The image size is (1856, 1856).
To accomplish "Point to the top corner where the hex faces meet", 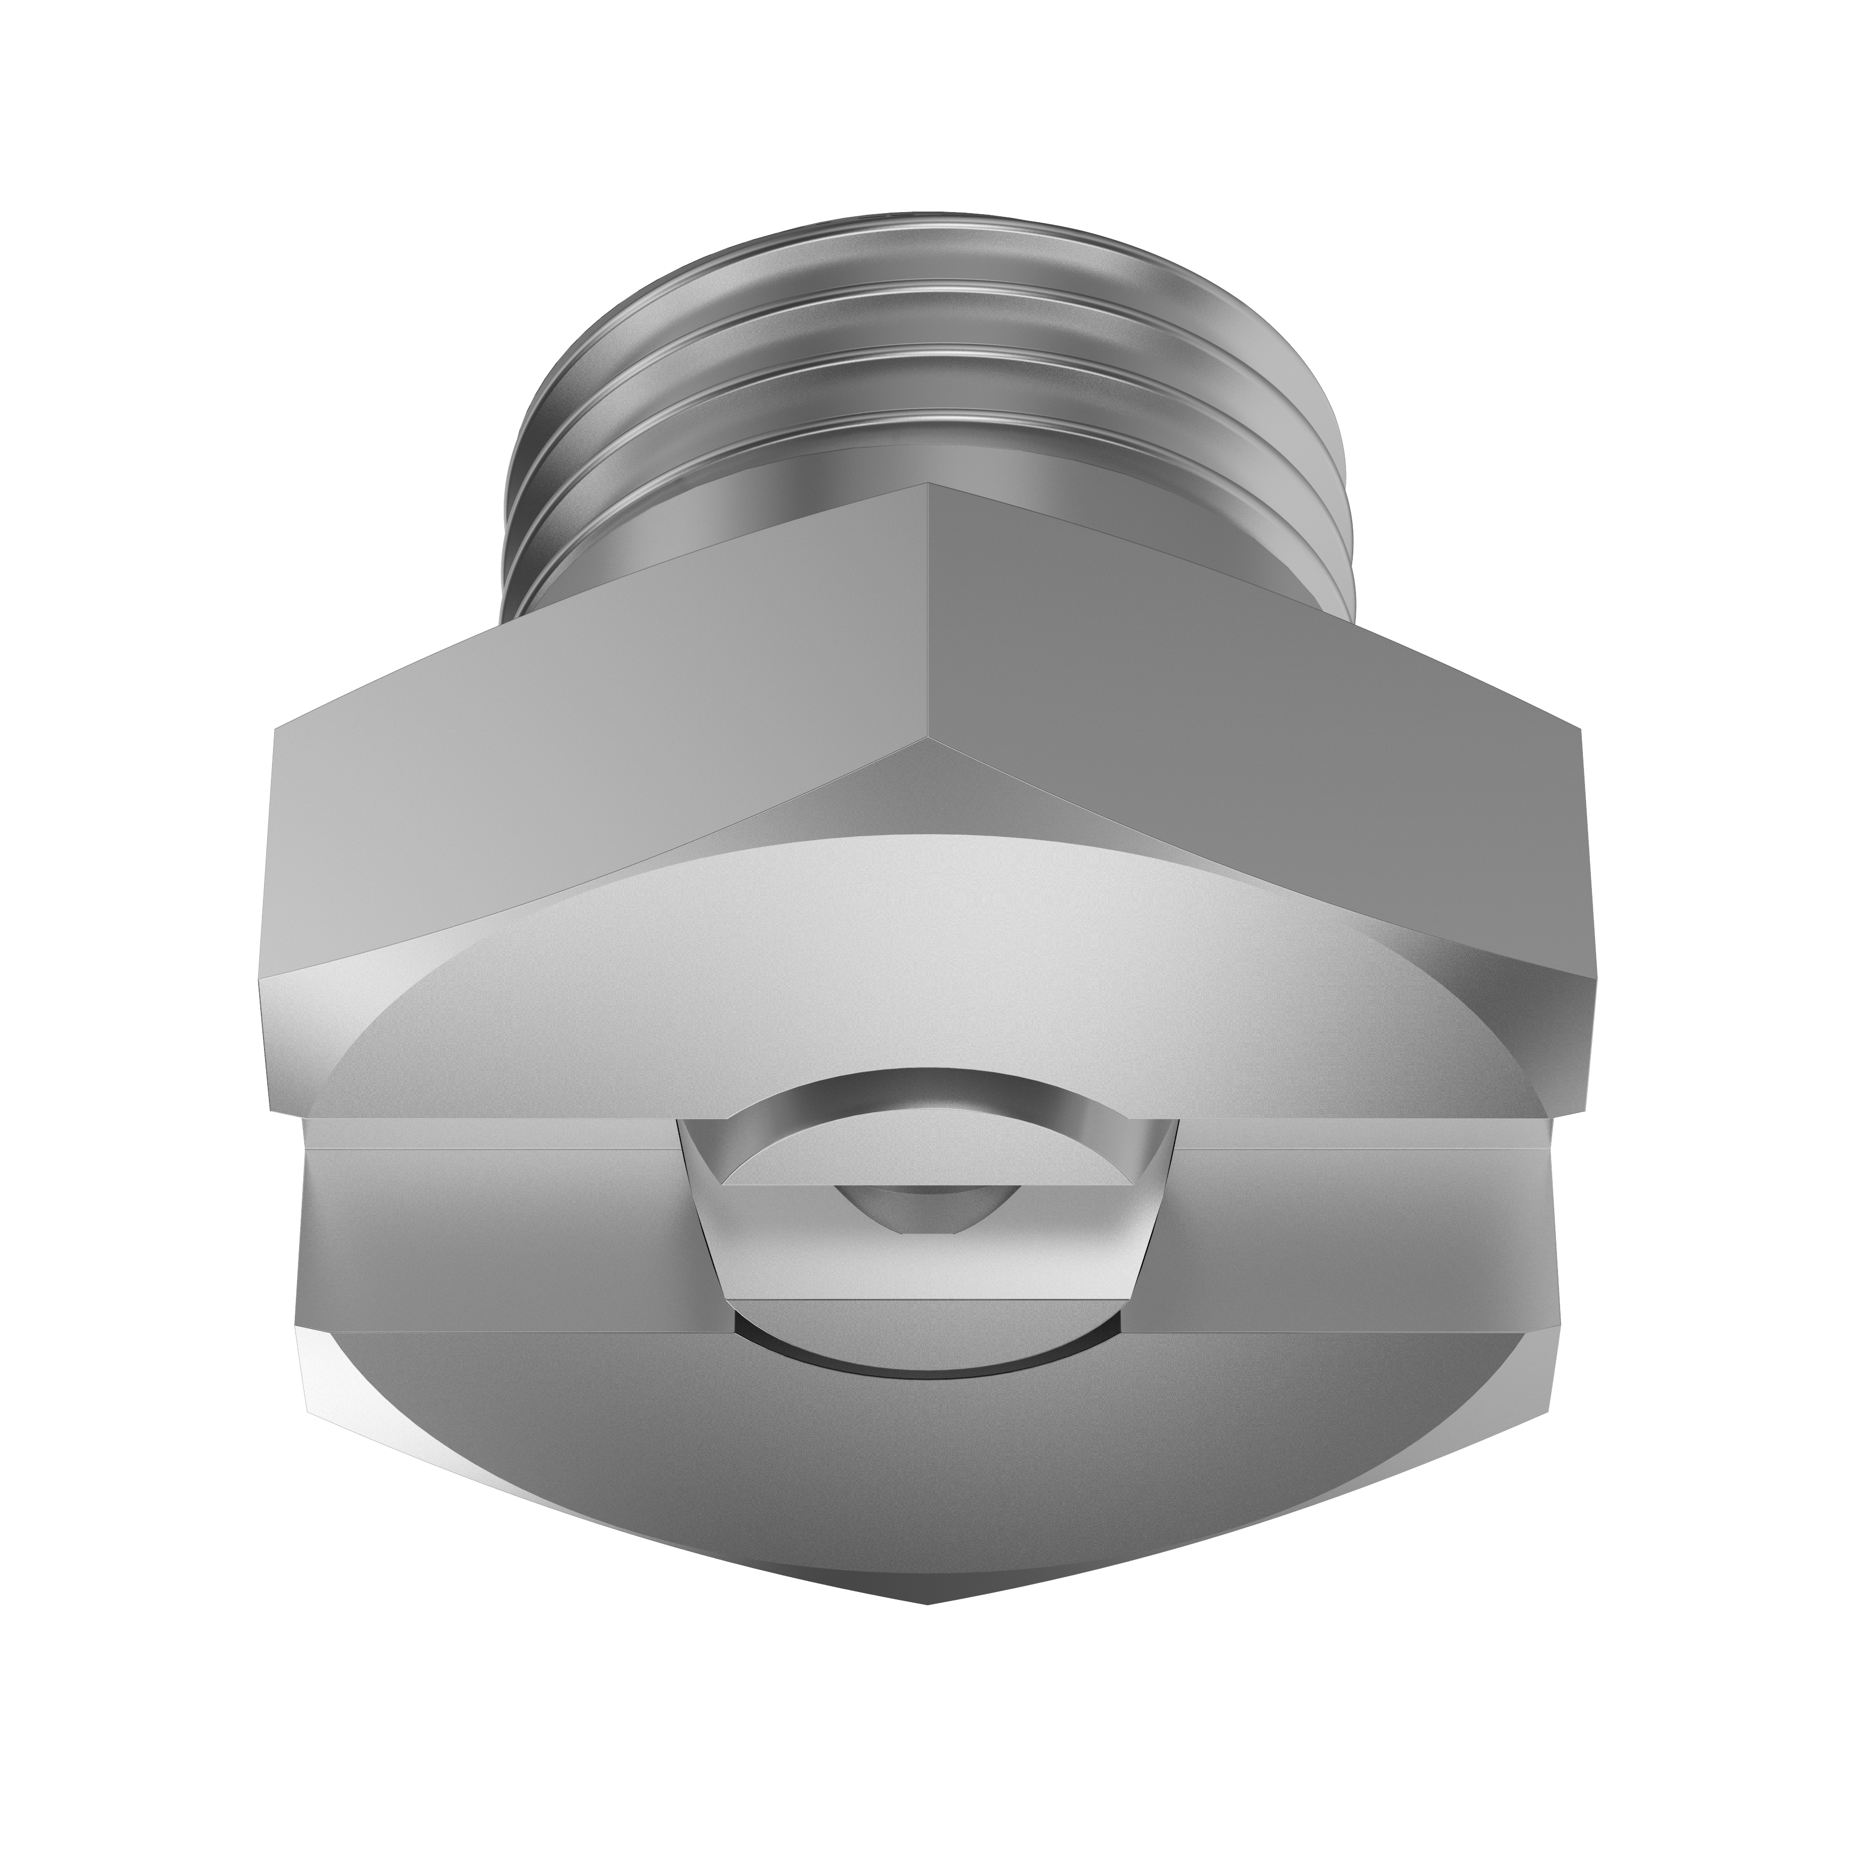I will [928, 485].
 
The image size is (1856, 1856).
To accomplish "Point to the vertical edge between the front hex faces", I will [928, 625].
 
